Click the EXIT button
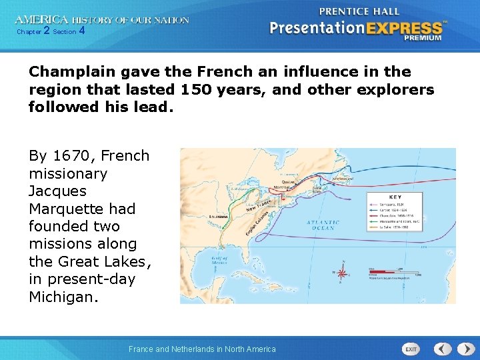tap(411, 349)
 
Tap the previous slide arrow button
tap(443, 349)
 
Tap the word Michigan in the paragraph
tap(63, 297)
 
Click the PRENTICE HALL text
tap(359, 11)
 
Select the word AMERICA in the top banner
tap(41, 20)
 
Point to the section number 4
tap(81, 31)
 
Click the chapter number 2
tap(46, 31)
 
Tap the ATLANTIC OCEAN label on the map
tap(323, 225)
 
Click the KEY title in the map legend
tap(395, 197)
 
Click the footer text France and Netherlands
tap(202, 349)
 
